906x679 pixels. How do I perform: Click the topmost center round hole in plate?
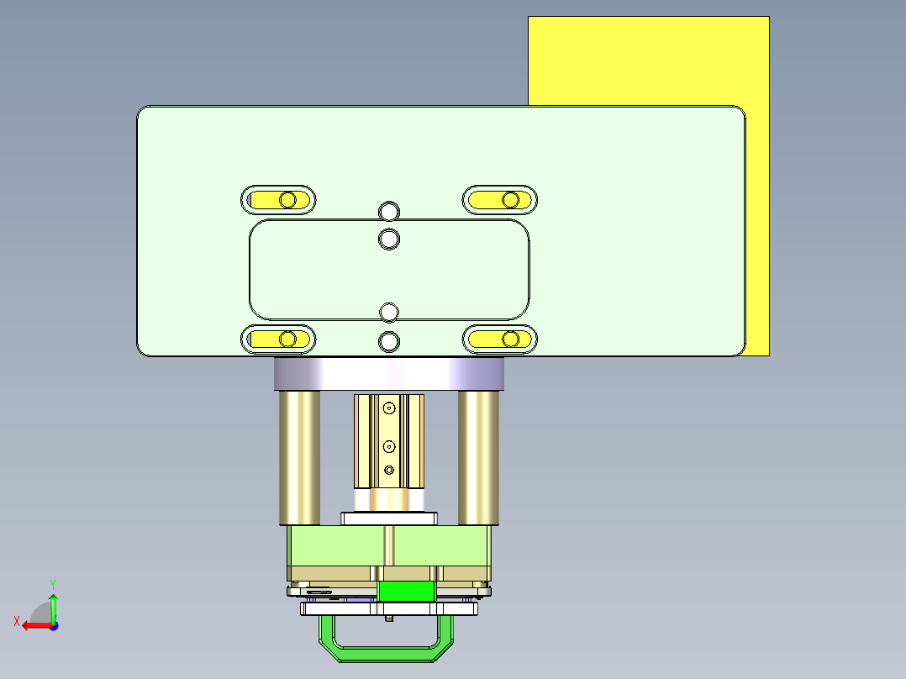click(388, 210)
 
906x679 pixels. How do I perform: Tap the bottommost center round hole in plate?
click(388, 342)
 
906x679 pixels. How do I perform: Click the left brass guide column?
click(299, 458)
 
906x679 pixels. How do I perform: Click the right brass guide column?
click(478, 458)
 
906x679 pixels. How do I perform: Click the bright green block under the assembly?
click(407, 591)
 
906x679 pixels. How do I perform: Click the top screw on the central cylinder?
click(388, 408)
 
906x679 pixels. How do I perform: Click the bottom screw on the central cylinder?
click(388, 471)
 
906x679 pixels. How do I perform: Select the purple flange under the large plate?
click(387, 374)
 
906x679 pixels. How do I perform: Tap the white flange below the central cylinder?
click(388, 518)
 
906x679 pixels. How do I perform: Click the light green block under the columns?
click(336, 546)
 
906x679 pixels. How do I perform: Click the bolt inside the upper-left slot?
click(288, 200)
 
